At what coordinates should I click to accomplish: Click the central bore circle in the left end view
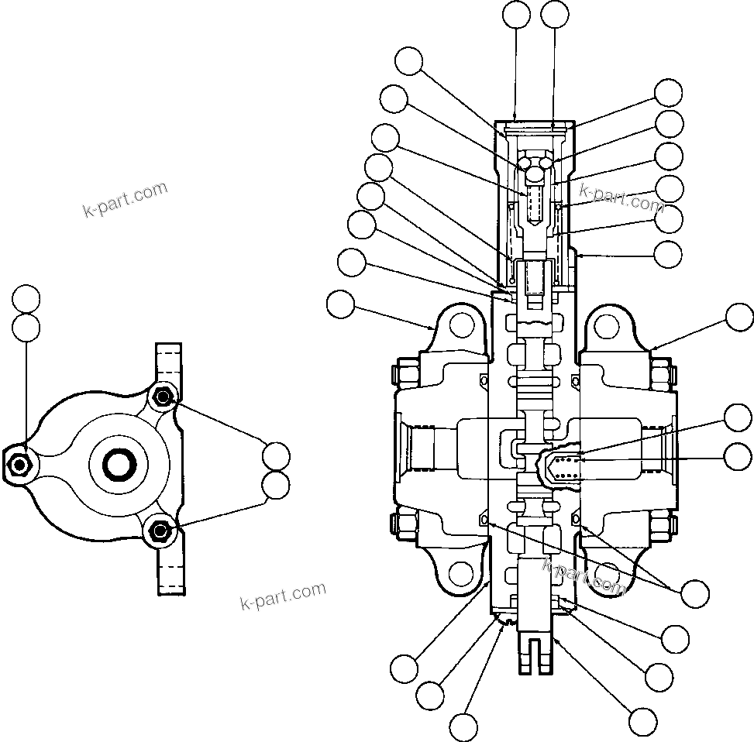(120, 464)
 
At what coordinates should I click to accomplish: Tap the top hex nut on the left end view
(162, 397)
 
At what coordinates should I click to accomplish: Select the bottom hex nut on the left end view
(161, 530)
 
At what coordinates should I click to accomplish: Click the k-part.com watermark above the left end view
(124, 199)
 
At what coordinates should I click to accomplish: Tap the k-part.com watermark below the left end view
(284, 596)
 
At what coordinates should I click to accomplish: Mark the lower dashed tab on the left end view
(170, 570)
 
